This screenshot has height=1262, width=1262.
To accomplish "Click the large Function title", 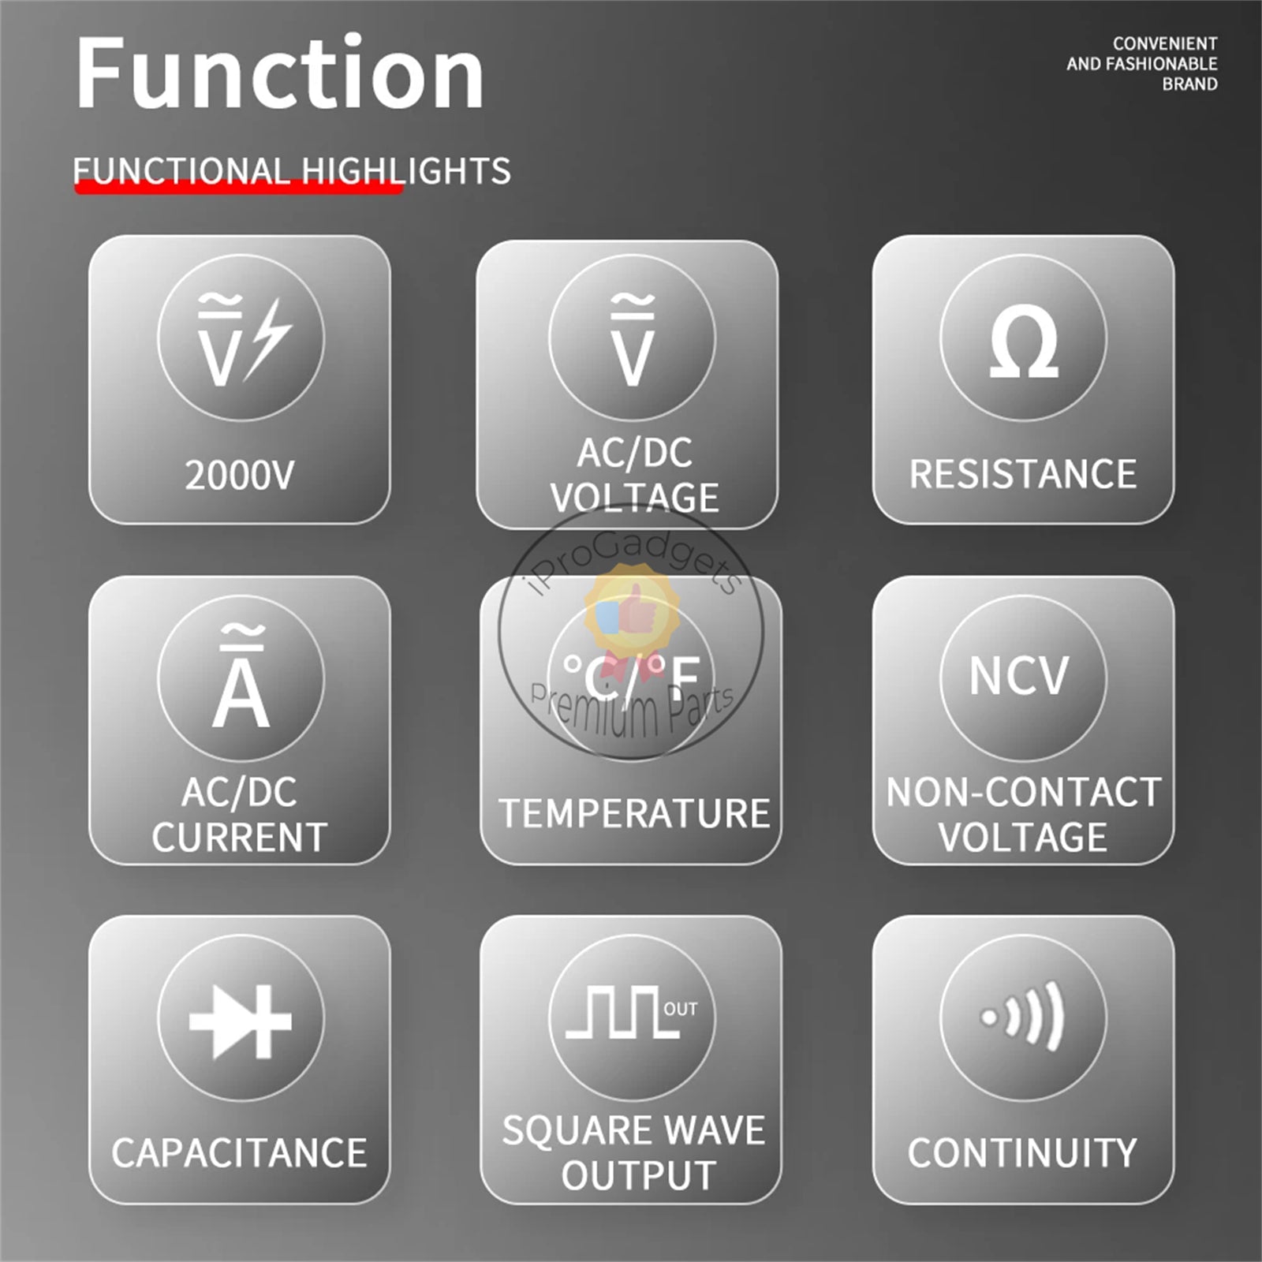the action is pyautogui.click(x=280, y=73).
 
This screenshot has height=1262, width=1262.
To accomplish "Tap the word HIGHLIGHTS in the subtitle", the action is pyautogui.click(x=406, y=171).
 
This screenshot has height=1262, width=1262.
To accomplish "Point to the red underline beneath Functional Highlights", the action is pyautogui.click(x=238, y=189).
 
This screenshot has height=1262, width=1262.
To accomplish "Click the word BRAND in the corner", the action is pyautogui.click(x=1189, y=84).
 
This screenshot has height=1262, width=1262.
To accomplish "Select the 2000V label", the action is pyautogui.click(x=239, y=476).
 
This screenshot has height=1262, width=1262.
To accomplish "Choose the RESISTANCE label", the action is pyautogui.click(x=1023, y=474).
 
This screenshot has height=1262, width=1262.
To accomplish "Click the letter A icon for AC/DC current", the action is pyautogui.click(x=241, y=677).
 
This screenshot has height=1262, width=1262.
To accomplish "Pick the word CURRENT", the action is pyautogui.click(x=239, y=837).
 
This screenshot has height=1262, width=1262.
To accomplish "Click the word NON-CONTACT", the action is pyautogui.click(x=1023, y=792).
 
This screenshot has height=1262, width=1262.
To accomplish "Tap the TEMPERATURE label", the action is pyautogui.click(x=634, y=813).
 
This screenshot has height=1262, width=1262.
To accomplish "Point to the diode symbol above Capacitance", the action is pyautogui.click(x=241, y=1021).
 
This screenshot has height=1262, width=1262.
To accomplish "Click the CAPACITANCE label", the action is pyautogui.click(x=239, y=1152).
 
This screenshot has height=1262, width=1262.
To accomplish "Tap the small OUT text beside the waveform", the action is pyautogui.click(x=681, y=1009).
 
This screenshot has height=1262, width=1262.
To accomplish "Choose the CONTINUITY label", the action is pyautogui.click(x=1022, y=1152).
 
